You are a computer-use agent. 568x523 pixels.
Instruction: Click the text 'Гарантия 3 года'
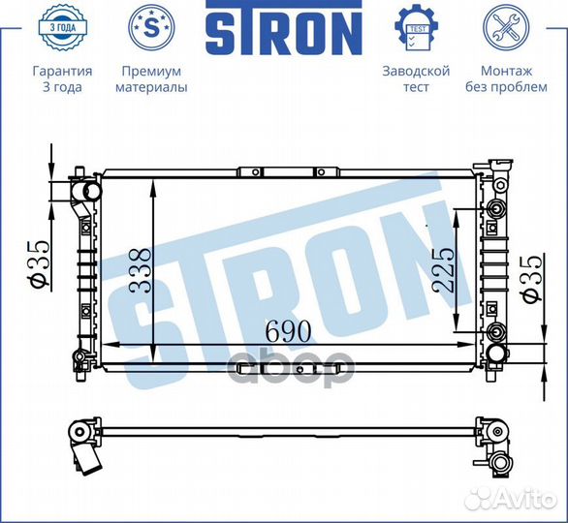(x=62, y=79)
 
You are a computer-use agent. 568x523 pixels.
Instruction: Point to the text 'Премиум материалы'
(x=151, y=79)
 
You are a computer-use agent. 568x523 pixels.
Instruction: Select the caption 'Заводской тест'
(x=416, y=79)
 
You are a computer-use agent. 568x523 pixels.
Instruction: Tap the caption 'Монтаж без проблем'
(x=506, y=79)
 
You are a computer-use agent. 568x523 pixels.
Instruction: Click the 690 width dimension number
(x=288, y=330)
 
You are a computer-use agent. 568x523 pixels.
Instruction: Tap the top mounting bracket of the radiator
(x=288, y=171)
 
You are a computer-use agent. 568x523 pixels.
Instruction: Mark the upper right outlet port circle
(x=497, y=210)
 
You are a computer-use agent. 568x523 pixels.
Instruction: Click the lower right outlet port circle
(x=497, y=334)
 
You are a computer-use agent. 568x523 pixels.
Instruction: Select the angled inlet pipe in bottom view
(x=88, y=456)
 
